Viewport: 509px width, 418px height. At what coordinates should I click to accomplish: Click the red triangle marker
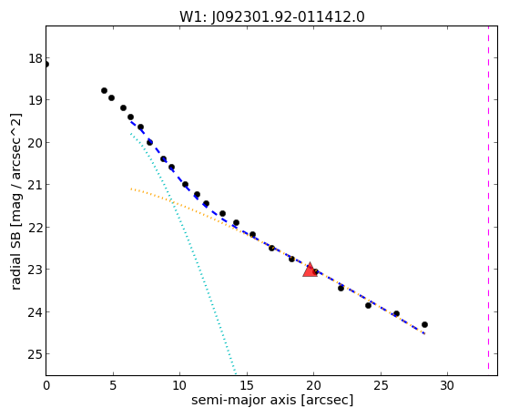pos(310,270)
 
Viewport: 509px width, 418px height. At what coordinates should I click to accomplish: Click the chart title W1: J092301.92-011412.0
pos(272,17)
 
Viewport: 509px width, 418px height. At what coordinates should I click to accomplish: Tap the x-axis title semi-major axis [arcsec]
pos(272,400)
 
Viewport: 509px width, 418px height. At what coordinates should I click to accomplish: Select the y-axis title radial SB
pos(15,258)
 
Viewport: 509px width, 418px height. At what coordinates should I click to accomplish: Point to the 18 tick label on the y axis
pos(36,59)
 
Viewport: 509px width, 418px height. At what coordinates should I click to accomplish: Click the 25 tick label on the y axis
pos(36,354)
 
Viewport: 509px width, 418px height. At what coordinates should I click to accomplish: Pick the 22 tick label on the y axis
pos(36,228)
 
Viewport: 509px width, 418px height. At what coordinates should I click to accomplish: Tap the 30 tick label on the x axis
pos(447,385)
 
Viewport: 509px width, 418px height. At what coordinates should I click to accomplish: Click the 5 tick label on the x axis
pos(113,385)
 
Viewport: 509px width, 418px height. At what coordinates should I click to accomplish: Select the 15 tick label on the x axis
pos(247,385)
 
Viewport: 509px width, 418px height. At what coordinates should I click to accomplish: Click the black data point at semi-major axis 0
pos(46,65)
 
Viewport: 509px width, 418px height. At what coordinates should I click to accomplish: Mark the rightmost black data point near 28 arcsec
pos(424,324)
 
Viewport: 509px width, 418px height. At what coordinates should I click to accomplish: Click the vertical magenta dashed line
pos(488,198)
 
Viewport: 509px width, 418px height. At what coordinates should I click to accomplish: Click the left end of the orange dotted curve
pos(131,189)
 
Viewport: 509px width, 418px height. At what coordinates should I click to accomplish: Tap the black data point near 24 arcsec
pos(368,305)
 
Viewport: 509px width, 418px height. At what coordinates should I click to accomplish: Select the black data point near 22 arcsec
pos(341,288)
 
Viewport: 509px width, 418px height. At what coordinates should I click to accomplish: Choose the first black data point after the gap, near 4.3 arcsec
pos(104,91)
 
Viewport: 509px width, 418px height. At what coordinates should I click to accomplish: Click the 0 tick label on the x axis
pos(46,385)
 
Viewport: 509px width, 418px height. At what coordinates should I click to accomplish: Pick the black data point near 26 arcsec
pos(396,313)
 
